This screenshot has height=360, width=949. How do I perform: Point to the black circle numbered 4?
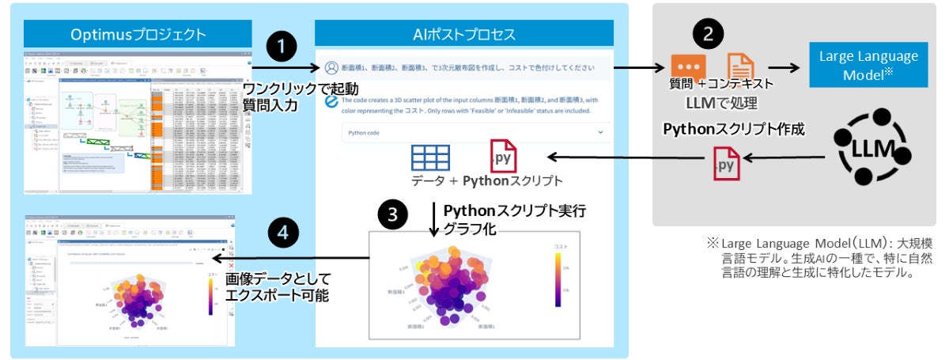tap(284, 232)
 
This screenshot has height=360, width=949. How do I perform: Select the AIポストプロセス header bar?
tap(464, 34)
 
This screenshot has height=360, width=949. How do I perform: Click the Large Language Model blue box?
tap(868, 64)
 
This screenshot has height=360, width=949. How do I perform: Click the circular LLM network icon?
tap(872, 147)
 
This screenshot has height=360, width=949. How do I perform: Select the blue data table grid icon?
tap(429, 157)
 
